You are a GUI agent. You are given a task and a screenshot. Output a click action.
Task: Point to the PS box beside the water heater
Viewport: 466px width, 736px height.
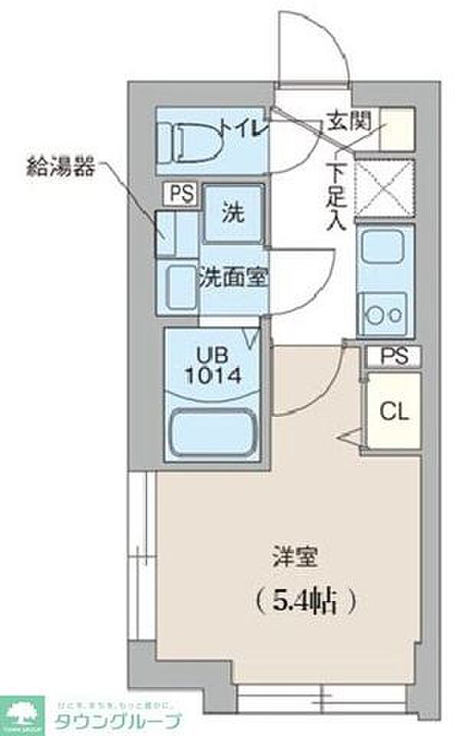click(178, 191)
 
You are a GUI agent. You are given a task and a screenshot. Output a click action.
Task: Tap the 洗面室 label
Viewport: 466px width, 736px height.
click(233, 278)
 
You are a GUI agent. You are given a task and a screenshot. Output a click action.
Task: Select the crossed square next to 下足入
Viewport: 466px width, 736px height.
click(386, 189)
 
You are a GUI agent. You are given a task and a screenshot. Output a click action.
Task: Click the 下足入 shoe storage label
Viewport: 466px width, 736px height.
click(336, 195)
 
